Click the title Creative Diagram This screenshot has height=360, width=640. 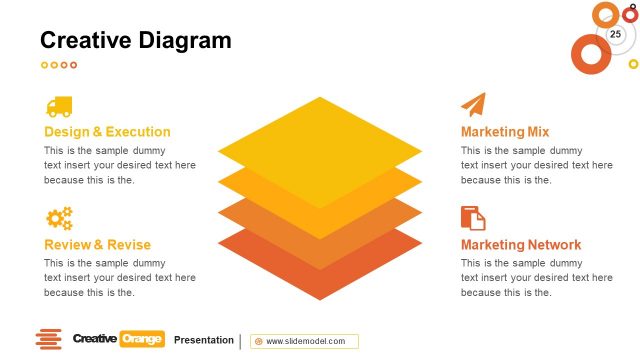pos(135,41)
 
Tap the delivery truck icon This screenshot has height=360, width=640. pos(59,106)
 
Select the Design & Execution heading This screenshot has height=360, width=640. pos(107,132)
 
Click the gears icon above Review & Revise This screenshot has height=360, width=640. pos(59,218)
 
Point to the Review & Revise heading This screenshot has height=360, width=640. pos(97,245)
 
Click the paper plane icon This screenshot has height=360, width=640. pos(473,105)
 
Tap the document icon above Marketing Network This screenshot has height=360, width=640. pos(473,218)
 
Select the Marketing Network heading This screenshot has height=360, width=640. pos(521,245)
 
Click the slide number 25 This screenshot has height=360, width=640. pos(615,35)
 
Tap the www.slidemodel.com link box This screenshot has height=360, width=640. pos(305,341)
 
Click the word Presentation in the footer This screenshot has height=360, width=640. pos(204,340)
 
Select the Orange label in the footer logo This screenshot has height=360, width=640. pos(141,340)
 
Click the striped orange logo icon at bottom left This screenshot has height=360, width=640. pos(48,340)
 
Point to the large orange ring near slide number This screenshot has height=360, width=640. pos(590,54)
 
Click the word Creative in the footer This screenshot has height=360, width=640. pos(95,340)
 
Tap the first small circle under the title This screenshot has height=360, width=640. pos(44,65)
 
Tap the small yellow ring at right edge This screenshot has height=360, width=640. pos(633,64)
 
